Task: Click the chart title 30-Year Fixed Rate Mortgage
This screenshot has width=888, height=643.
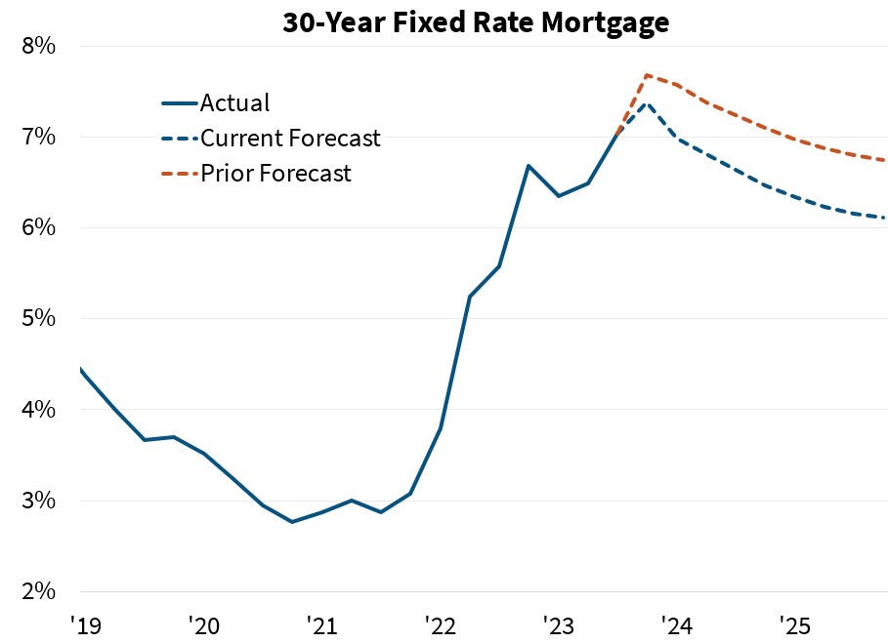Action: (x=476, y=22)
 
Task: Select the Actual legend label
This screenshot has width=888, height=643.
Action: (x=234, y=102)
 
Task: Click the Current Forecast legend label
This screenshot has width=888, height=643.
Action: (x=290, y=139)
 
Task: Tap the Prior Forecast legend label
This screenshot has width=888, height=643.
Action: (x=275, y=174)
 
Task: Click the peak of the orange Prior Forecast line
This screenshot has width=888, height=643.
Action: (x=647, y=75)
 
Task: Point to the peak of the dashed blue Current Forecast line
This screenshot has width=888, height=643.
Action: (x=647, y=102)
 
